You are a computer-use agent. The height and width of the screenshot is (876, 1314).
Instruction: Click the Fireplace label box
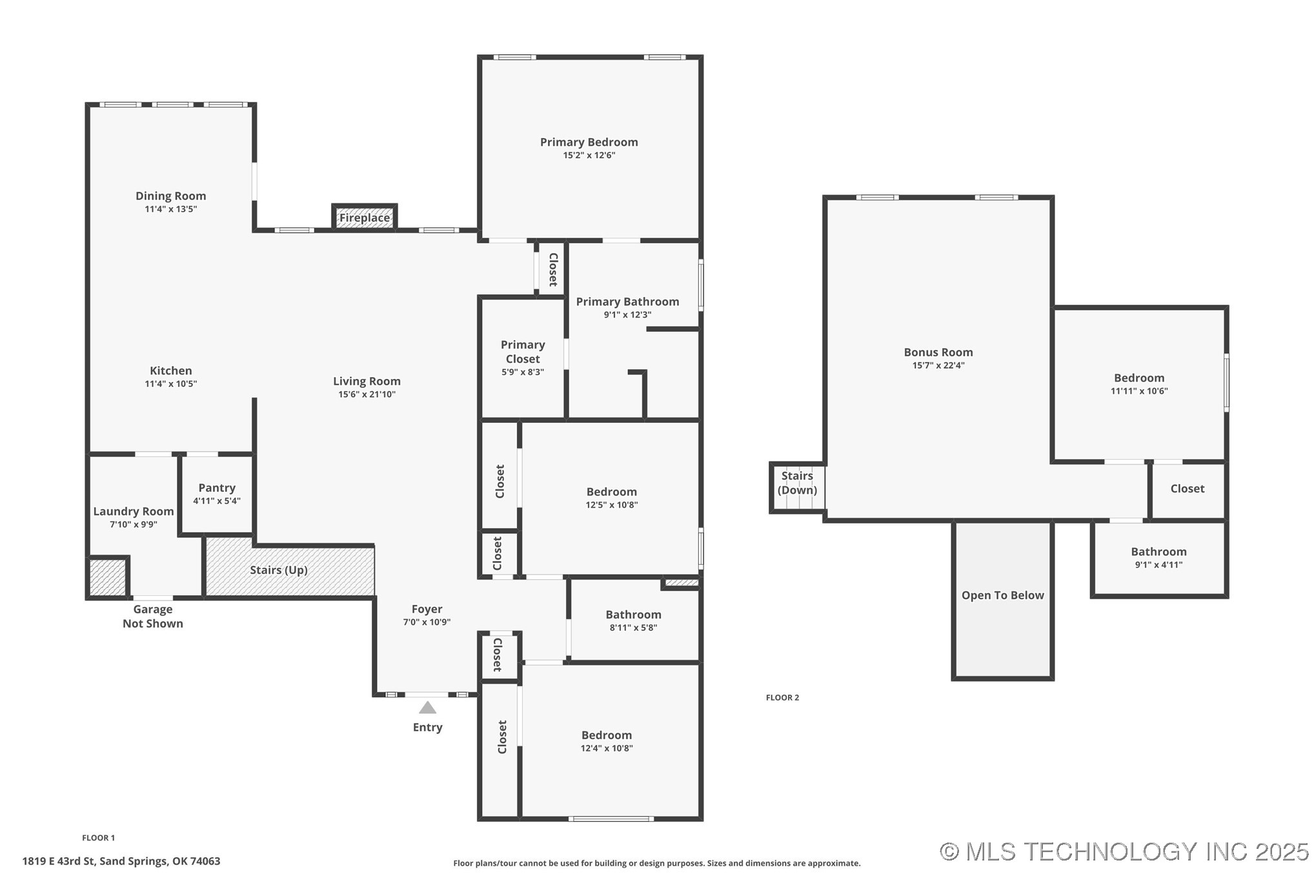click(x=365, y=218)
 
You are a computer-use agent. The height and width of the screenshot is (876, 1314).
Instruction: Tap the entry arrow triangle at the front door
click(x=427, y=708)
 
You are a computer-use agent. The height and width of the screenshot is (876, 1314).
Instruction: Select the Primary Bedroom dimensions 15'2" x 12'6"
click(x=589, y=156)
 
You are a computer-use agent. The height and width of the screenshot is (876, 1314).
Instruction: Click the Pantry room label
click(x=217, y=488)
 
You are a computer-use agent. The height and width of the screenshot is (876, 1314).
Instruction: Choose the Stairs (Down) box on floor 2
click(x=797, y=488)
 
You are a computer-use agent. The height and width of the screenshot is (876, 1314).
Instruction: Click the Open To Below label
click(x=1002, y=595)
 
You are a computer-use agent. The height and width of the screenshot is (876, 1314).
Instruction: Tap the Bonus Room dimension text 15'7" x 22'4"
click(x=938, y=365)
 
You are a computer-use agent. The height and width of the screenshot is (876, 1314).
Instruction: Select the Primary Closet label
click(x=523, y=352)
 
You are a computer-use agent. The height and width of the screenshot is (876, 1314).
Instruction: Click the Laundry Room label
click(x=134, y=511)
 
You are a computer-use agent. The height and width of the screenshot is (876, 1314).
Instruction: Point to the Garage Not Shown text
click(x=153, y=616)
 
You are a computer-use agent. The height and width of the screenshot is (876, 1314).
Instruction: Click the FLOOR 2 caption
click(x=782, y=697)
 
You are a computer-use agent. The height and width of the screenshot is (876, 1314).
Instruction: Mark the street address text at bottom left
click(x=121, y=861)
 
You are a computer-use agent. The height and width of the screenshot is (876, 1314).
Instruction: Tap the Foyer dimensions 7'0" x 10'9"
click(x=427, y=622)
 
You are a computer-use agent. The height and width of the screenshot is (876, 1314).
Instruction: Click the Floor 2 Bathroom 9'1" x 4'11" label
click(x=1158, y=552)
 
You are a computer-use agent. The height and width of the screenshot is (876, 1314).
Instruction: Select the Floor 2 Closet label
click(x=1187, y=489)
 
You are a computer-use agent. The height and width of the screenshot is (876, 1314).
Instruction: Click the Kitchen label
click(x=170, y=371)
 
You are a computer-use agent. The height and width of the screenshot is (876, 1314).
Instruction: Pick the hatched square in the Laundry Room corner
click(x=107, y=577)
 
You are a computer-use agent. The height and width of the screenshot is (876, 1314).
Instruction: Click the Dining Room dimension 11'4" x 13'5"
click(x=170, y=209)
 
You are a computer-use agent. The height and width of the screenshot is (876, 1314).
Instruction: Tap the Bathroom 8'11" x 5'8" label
click(x=633, y=615)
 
